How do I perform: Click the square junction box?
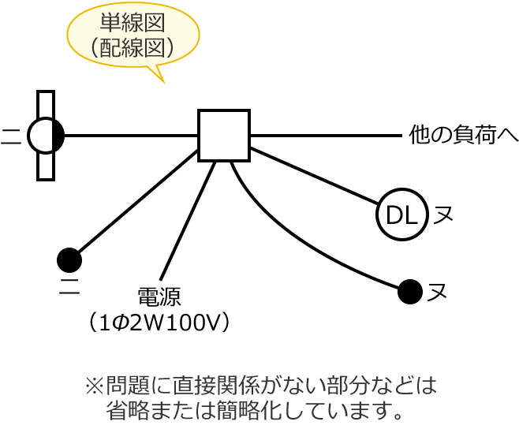pyautogui.click(x=224, y=136)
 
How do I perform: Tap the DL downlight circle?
pyautogui.click(x=402, y=214)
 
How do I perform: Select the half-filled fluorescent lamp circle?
pyautogui.click(x=46, y=136)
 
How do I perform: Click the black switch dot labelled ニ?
pyautogui.click(x=69, y=259)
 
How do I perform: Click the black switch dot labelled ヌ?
pyautogui.click(x=410, y=292)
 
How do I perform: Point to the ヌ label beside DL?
pyautogui.click(x=443, y=214)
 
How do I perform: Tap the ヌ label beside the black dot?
pyautogui.click(x=438, y=293)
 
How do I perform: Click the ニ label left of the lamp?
pyautogui.click(x=10, y=136)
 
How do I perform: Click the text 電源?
pyautogui.click(x=159, y=297)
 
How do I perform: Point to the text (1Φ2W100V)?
pyautogui.click(x=159, y=322)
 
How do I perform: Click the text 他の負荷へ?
pyautogui.click(x=463, y=135)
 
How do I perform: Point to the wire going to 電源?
pyautogui.click(x=188, y=221)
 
